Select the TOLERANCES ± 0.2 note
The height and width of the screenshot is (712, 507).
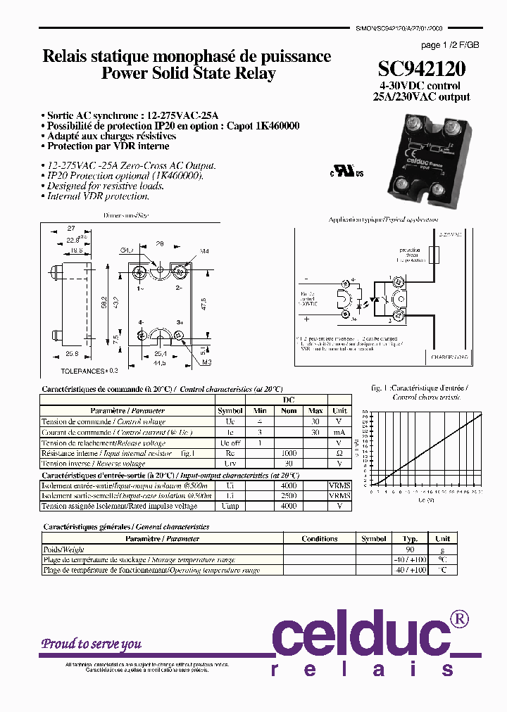89,369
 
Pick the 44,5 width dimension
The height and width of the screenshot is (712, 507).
160,363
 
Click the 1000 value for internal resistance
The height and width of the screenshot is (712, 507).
289,454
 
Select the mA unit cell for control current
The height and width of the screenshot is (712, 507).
339,432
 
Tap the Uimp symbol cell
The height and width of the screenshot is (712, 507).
230,506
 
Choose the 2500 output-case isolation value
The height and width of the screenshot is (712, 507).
289,496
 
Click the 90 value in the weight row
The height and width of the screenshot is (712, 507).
409,549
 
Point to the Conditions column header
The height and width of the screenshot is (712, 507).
320,539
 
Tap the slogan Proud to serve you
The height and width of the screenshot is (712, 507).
91,644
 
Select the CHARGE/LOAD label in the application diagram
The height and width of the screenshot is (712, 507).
449,357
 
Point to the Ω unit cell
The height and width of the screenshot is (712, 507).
339,454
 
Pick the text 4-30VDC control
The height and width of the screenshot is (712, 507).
421,86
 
